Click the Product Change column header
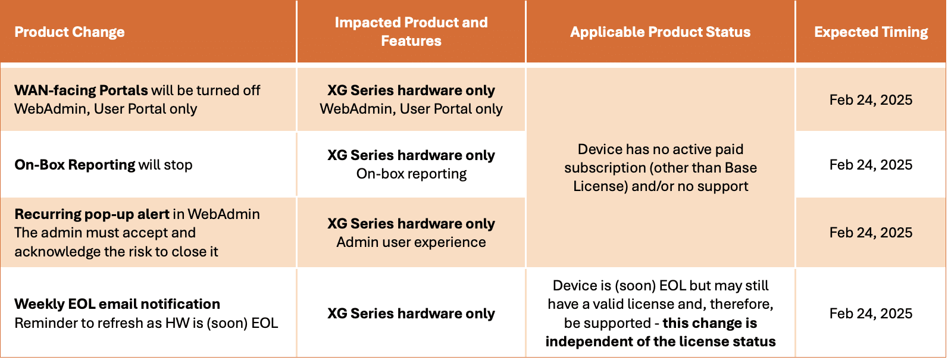pos(70,32)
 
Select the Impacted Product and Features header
pos(411,32)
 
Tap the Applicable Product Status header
pos(660,32)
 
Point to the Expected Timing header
pos(871,32)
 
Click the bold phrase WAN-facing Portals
pos(81,90)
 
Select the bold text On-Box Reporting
pos(74,165)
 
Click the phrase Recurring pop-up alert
pos(92,214)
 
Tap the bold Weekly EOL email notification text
pos(117,303)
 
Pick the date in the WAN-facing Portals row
pos(871,100)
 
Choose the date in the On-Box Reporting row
pos(871,165)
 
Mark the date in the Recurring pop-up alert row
pos(871,232)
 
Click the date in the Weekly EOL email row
pos(871,313)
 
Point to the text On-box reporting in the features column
pos(411,173)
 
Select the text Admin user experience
pos(411,242)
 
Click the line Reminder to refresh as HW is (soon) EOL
pos(146,323)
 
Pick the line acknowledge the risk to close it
pos(117,252)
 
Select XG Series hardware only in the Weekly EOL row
pos(411,314)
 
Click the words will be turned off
pos(206,90)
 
